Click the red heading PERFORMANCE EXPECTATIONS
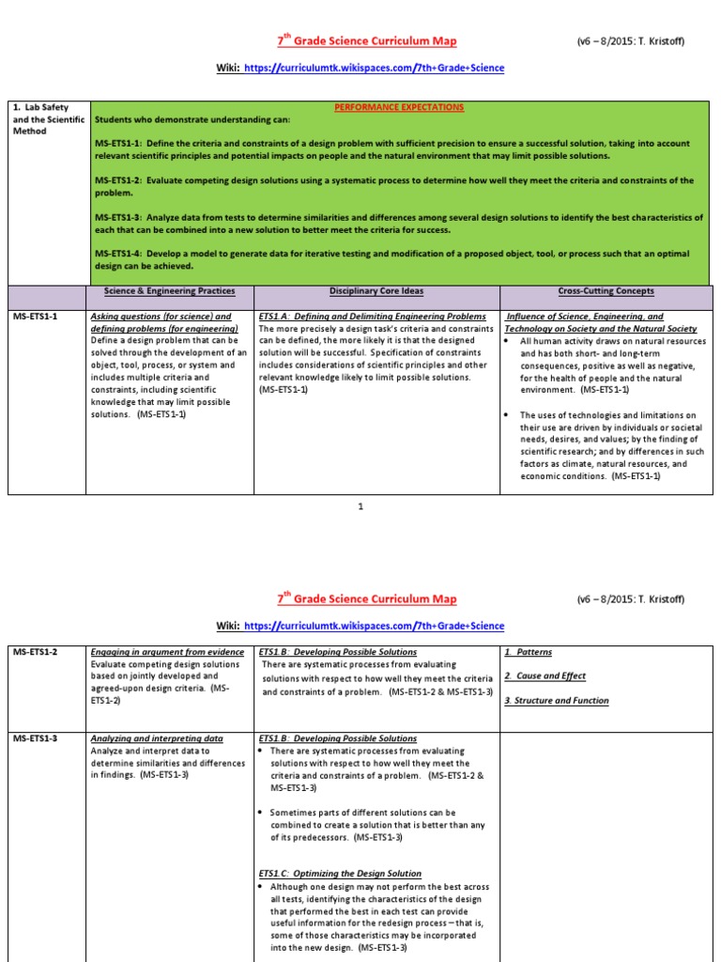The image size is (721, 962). tap(399, 107)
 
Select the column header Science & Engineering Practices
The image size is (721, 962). tap(169, 291)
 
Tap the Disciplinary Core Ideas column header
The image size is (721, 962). tap(376, 291)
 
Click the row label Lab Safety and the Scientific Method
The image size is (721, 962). tap(47, 119)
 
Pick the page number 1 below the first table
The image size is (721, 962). tap(360, 506)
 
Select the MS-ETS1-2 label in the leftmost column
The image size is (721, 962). tap(36, 652)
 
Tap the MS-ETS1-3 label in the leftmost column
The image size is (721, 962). tap(36, 739)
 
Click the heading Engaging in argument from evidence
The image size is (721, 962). tap(167, 652)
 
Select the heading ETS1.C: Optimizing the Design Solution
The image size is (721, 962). tap(340, 874)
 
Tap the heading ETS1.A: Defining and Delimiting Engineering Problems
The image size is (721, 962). tap(372, 318)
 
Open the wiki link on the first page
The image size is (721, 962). tap(374, 69)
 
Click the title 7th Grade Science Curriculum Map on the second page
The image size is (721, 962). tap(367, 599)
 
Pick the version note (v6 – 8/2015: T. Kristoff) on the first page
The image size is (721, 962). tap(630, 42)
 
